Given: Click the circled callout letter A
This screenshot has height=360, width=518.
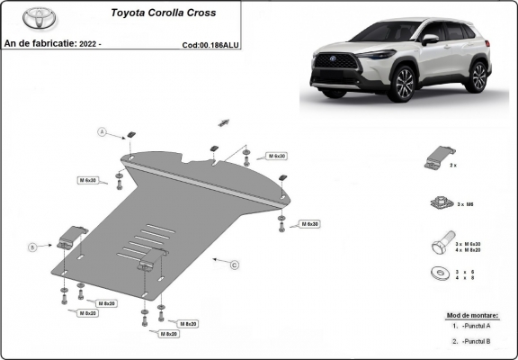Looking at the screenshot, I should [103, 132].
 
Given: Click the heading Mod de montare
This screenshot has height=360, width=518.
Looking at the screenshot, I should [473, 316].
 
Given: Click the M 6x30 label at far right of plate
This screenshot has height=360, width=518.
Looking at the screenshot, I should [308, 223].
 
